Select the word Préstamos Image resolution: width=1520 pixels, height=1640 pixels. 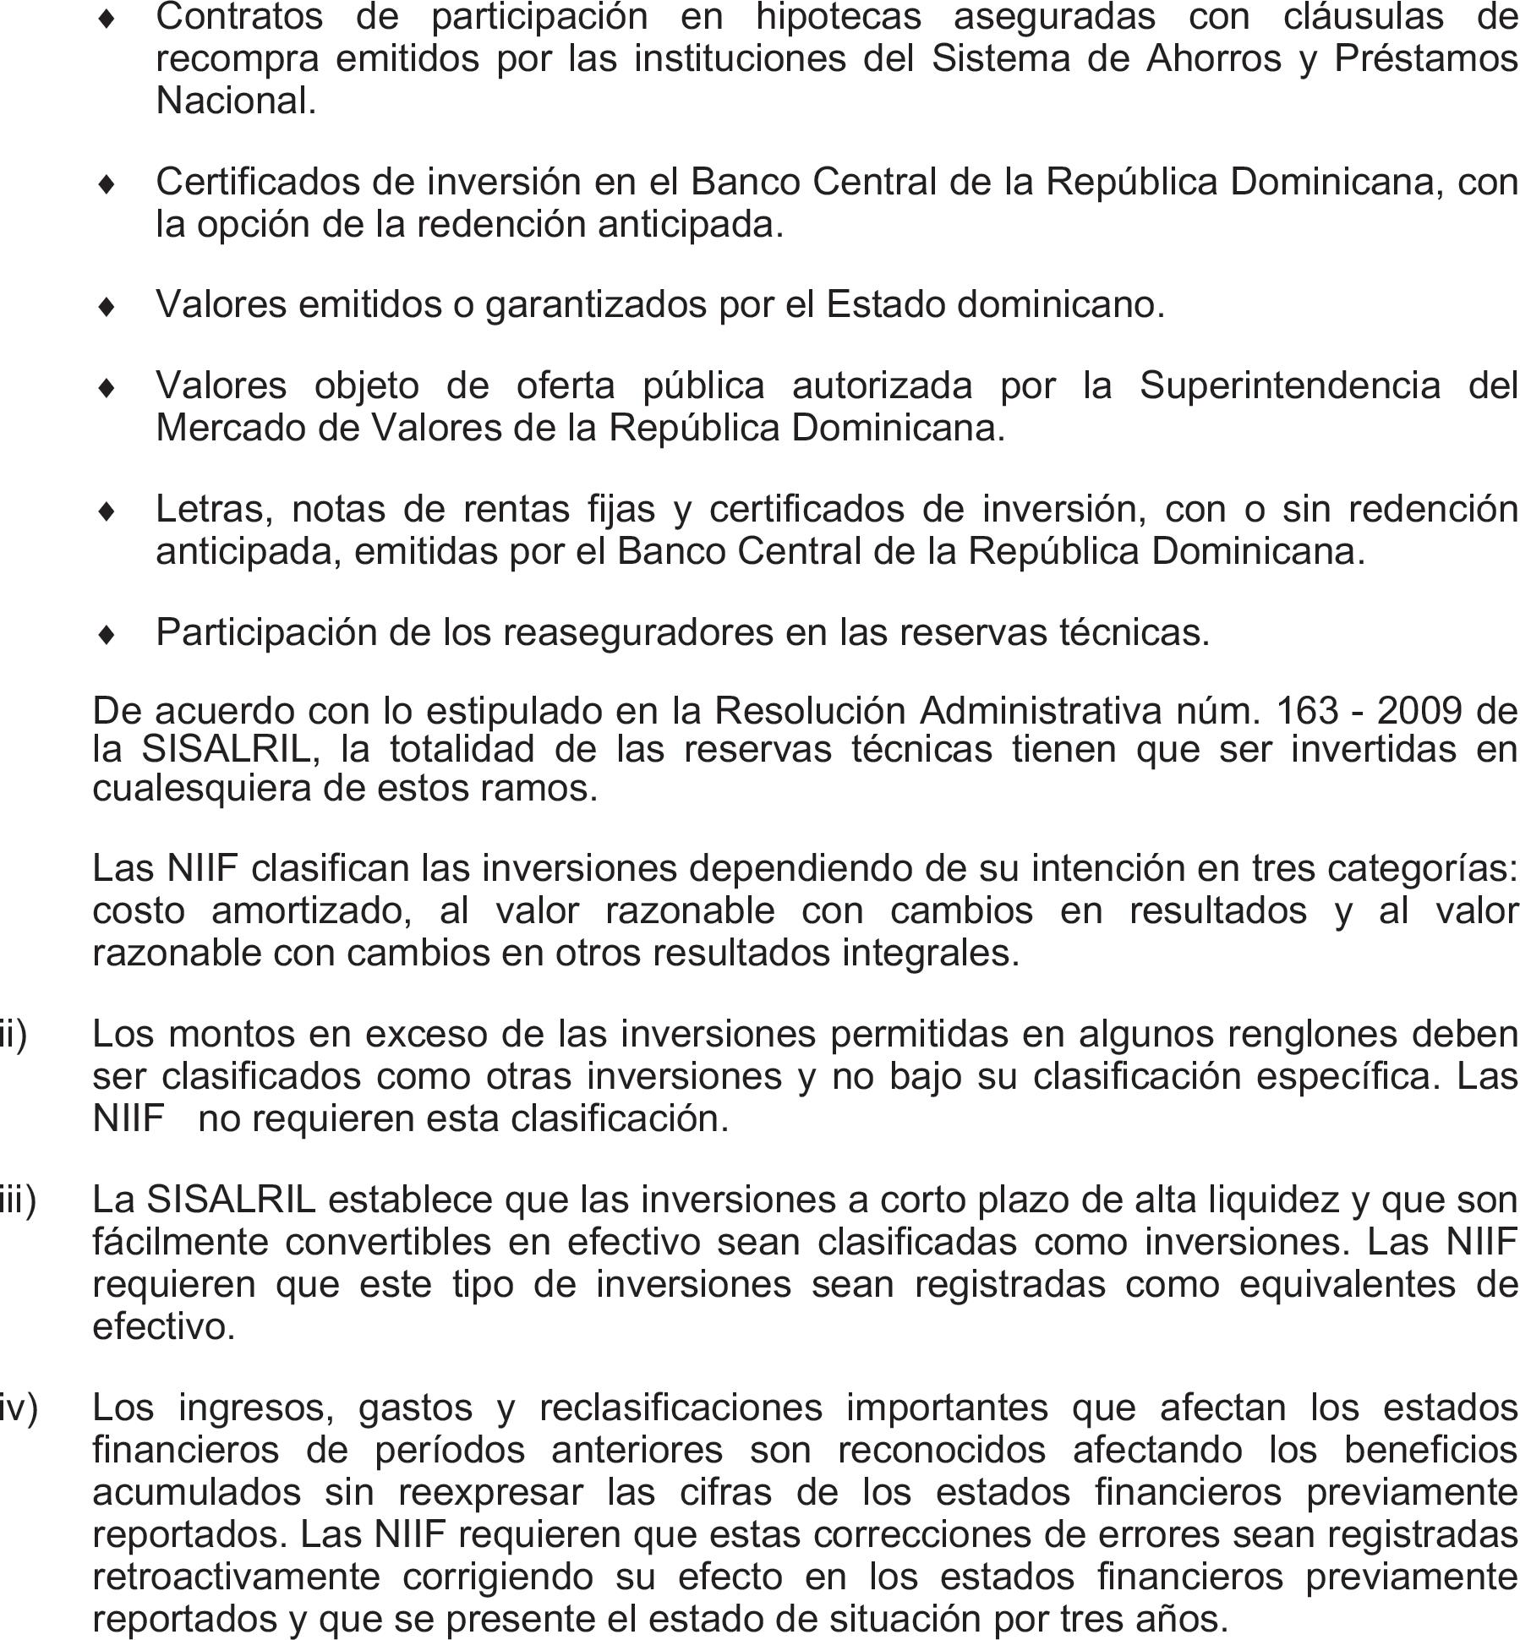[x=1425, y=59]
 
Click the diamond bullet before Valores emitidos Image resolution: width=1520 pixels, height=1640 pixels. [x=107, y=306]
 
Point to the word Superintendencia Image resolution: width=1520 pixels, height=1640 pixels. [x=1289, y=386]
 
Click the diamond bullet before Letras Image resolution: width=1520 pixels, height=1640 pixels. [x=107, y=511]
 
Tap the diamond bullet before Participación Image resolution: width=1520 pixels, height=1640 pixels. [x=107, y=634]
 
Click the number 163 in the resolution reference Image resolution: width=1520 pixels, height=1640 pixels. [x=1306, y=711]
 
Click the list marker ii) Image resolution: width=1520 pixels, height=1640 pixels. [x=14, y=1033]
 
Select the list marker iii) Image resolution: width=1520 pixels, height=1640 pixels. [x=18, y=1200]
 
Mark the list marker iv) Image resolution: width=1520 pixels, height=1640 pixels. [x=19, y=1408]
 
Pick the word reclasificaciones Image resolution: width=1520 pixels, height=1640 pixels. [x=681, y=1408]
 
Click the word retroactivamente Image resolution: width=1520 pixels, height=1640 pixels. [x=236, y=1577]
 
